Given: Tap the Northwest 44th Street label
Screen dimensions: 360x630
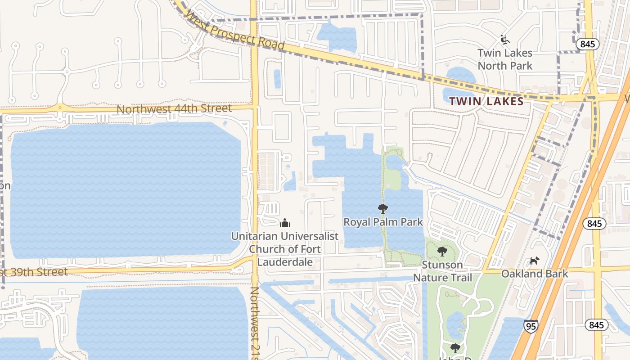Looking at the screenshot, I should [174, 108].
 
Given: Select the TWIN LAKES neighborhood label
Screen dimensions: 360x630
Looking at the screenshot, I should [486, 101].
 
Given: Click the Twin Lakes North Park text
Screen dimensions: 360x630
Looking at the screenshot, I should [505, 59].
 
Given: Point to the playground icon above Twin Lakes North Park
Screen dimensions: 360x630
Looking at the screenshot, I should [505, 40].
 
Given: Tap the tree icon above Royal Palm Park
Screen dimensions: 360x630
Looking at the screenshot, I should [383, 208].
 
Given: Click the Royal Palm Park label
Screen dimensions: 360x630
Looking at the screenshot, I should [383, 222].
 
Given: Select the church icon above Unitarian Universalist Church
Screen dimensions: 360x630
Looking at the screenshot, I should [284, 223].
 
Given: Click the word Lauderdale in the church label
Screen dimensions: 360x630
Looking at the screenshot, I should [285, 261].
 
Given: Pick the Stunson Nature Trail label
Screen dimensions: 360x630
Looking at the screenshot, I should [443, 271].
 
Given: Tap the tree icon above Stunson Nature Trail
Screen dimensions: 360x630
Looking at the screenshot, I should [442, 252].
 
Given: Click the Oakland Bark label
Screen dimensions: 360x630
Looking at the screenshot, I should [535, 274].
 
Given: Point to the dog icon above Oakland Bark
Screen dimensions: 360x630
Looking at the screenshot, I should [534, 261].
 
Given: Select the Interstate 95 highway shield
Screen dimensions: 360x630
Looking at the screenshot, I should [531, 326].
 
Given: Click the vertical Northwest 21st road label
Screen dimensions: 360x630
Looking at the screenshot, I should [255, 322].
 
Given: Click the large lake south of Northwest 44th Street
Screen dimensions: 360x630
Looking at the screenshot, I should [126, 189].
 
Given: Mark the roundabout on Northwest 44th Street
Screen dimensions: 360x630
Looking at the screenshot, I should [60, 108].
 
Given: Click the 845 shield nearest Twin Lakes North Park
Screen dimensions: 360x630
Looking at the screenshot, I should [587, 44].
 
